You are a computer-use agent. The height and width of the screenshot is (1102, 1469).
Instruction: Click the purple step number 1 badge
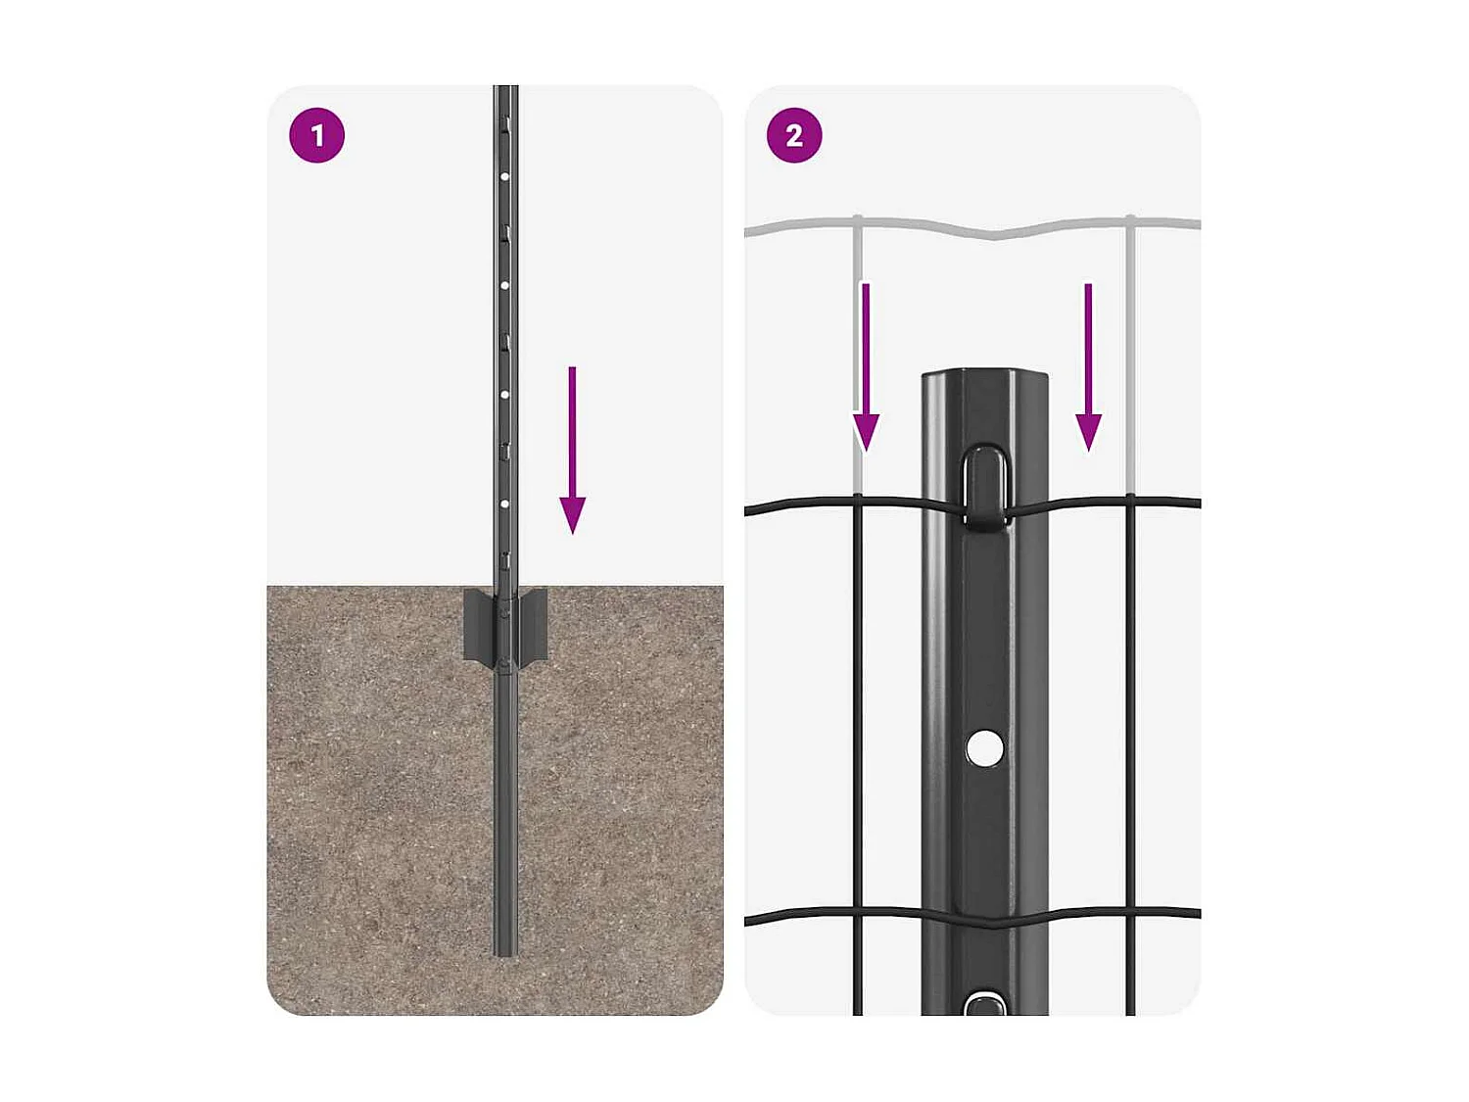click(x=316, y=135)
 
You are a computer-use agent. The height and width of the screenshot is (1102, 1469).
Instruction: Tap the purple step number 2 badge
click(x=794, y=135)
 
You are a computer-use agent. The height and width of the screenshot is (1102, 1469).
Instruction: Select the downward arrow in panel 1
click(x=572, y=451)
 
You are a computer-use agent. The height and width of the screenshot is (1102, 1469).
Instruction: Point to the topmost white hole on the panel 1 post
click(x=504, y=177)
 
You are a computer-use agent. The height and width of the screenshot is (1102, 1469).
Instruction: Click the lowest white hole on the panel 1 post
click(x=504, y=503)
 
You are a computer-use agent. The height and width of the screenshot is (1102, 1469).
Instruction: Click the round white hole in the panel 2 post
click(x=984, y=748)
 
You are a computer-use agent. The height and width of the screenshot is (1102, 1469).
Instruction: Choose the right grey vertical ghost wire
click(x=1130, y=353)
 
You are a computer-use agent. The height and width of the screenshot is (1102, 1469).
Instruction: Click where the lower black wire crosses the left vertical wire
click(x=858, y=915)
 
